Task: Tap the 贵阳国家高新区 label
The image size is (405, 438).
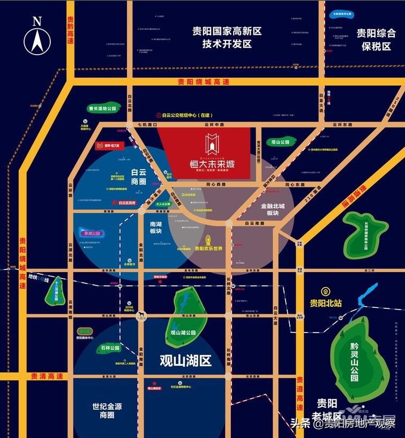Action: point(227,37)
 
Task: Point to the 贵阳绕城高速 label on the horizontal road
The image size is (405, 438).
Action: point(204,82)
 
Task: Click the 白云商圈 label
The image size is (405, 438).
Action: point(139,177)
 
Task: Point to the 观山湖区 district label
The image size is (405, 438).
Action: point(185,360)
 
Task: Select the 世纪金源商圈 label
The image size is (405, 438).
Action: point(111,410)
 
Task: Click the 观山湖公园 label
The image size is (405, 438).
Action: point(184,333)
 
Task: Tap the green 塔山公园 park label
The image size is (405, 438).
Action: point(280,142)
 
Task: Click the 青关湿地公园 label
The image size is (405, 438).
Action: point(102,108)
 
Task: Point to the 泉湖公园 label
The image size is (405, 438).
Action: point(92,233)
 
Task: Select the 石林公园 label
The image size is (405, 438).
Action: point(109,348)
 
